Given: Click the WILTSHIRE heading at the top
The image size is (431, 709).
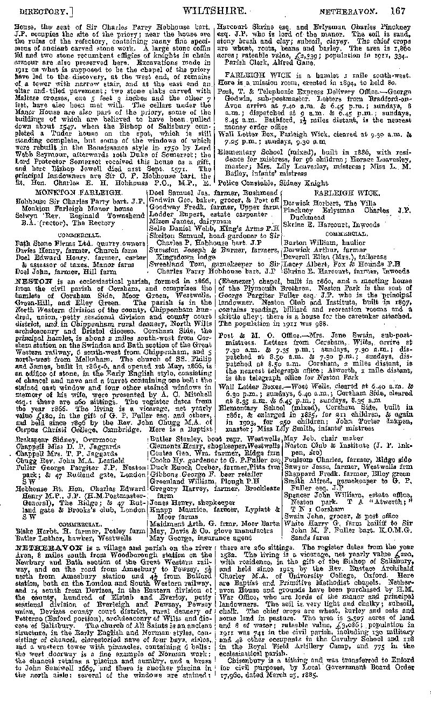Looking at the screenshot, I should pyautogui.click(x=215, y=10).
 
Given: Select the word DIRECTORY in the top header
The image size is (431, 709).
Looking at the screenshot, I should pyautogui.click(x=43, y=10).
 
